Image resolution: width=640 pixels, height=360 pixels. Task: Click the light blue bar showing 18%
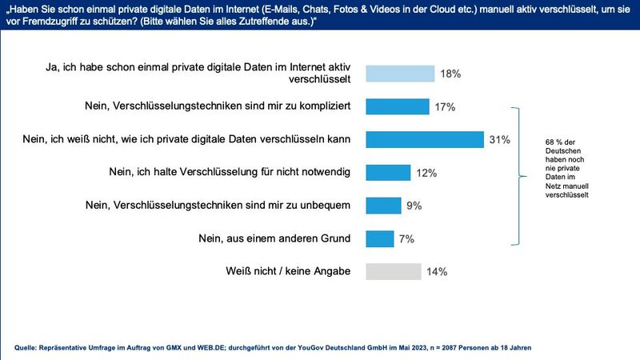[400, 74]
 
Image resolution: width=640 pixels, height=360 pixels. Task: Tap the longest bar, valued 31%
[424, 139]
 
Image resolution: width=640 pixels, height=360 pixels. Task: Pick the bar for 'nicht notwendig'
[388, 173]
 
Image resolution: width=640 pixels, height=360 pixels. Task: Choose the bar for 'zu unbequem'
[383, 206]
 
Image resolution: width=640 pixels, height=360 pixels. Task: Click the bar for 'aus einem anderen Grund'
[379, 238]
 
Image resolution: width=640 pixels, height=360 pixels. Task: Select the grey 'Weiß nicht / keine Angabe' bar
[393, 272]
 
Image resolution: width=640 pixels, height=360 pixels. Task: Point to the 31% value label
[499, 140]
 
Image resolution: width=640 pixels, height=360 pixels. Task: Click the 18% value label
[450, 74]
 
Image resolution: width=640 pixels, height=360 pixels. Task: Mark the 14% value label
[437, 272]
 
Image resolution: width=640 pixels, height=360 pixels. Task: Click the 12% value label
[427, 173]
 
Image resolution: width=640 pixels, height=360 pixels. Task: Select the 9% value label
[414, 206]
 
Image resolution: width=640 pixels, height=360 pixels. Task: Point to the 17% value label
[445, 106]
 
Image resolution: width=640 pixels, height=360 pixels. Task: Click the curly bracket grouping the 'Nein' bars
[521, 173]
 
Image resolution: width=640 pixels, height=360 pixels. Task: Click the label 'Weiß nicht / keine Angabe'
[289, 272]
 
